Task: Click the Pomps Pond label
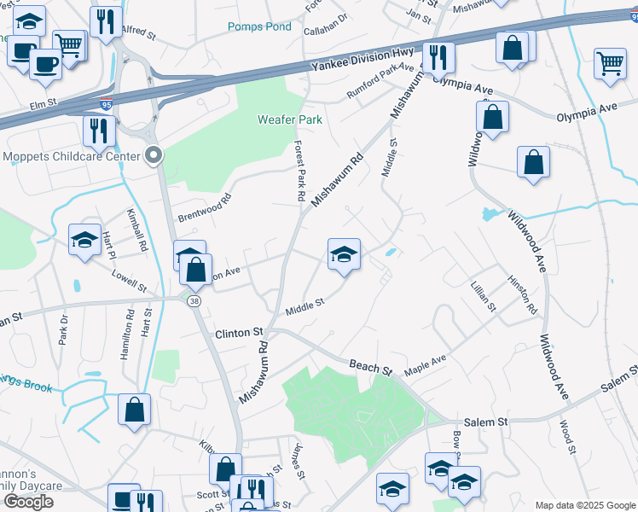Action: coord(259,27)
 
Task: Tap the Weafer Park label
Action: coord(290,119)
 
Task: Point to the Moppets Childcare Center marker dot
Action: coord(154,155)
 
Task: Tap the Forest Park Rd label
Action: coord(300,171)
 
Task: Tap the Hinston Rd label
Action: coord(521,293)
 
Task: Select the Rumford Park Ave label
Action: coord(380,80)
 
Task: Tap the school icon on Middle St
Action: coord(344,254)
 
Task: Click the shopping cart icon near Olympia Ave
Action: coord(610,64)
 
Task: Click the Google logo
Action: coord(28,502)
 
